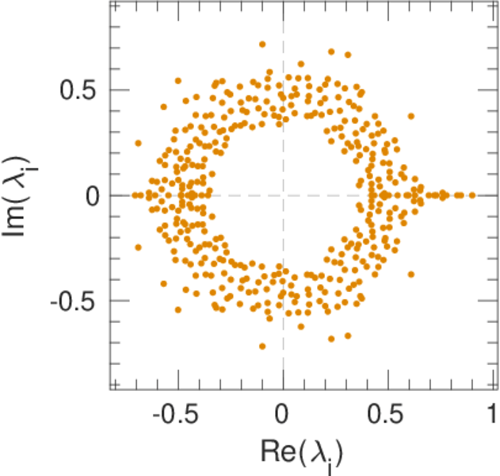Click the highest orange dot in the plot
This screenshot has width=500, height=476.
(x=262, y=44)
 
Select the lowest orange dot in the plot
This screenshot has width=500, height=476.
(x=262, y=346)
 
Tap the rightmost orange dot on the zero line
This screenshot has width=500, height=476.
(x=472, y=194)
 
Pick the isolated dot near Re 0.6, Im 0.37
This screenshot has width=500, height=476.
(x=411, y=117)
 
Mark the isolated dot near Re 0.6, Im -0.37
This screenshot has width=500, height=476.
(x=411, y=274)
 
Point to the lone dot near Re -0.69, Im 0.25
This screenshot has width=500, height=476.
(x=138, y=144)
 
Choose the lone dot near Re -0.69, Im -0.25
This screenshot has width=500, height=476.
(x=138, y=247)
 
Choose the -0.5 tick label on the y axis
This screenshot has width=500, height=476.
(x=74, y=301)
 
